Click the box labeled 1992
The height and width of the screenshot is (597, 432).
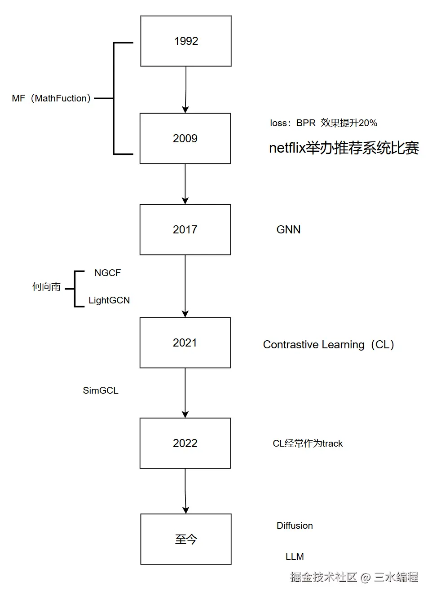186,41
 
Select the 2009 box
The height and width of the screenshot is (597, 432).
185,138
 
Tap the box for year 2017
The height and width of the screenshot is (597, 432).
185,230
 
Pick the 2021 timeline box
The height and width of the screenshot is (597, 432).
185,343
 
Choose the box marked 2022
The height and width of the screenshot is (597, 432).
185,443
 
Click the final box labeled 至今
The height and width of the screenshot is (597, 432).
186,539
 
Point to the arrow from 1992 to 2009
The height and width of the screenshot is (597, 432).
185,90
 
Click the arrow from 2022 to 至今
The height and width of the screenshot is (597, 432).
185,491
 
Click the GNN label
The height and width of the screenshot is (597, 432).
288,230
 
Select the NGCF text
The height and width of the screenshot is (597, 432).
107,273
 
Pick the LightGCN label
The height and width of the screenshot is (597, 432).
109,300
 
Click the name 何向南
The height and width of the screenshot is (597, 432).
46,287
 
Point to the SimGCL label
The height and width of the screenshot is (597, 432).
101,391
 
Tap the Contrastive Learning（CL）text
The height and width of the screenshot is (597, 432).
329,345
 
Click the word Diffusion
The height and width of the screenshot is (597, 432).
295,526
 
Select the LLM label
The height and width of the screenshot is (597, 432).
295,557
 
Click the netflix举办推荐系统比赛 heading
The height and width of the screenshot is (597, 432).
344,148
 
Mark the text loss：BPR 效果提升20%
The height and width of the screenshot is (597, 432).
323,123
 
